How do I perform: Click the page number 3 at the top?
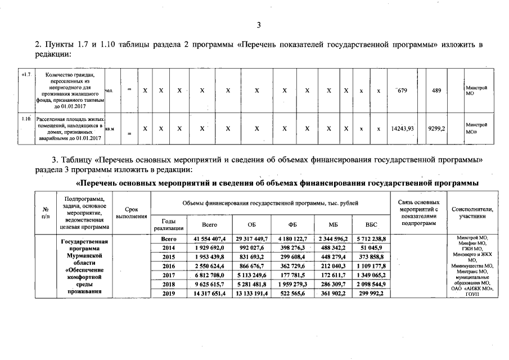point(259,25)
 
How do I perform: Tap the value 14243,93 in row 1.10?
point(402,128)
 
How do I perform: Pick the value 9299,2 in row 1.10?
point(436,128)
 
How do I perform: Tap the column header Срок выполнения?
point(131,213)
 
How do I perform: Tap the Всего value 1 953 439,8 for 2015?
point(206,256)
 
